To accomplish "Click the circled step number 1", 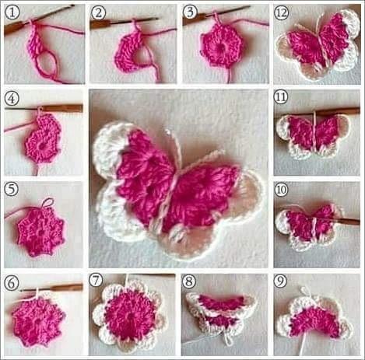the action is coord(12,12).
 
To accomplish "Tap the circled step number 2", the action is coord(98,12).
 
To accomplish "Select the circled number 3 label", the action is coord(190,12).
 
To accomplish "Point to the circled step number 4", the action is coord(12,99).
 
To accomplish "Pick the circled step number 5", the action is coord(12,189).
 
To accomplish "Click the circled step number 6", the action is coord(12,283).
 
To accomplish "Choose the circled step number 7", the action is coord(96,281).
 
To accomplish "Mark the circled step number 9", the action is coord(281,281).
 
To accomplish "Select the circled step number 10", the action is coord(281,190).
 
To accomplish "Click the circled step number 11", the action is coord(281,97).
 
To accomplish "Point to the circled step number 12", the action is coord(282,12).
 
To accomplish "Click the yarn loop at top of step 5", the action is coord(48,203).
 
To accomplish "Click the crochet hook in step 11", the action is coord(336,112).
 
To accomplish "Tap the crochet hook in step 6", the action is coord(51,288).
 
